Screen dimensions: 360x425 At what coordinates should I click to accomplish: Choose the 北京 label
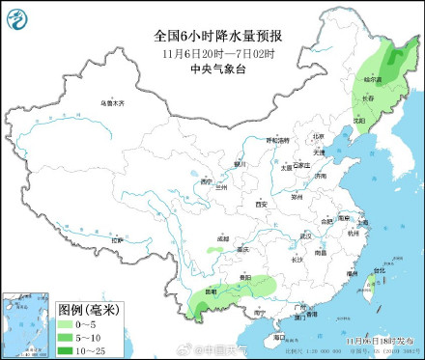(x=318, y=136)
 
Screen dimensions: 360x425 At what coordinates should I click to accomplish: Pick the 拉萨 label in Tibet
(x=119, y=239)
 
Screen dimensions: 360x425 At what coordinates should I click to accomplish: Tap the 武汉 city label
(x=306, y=235)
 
